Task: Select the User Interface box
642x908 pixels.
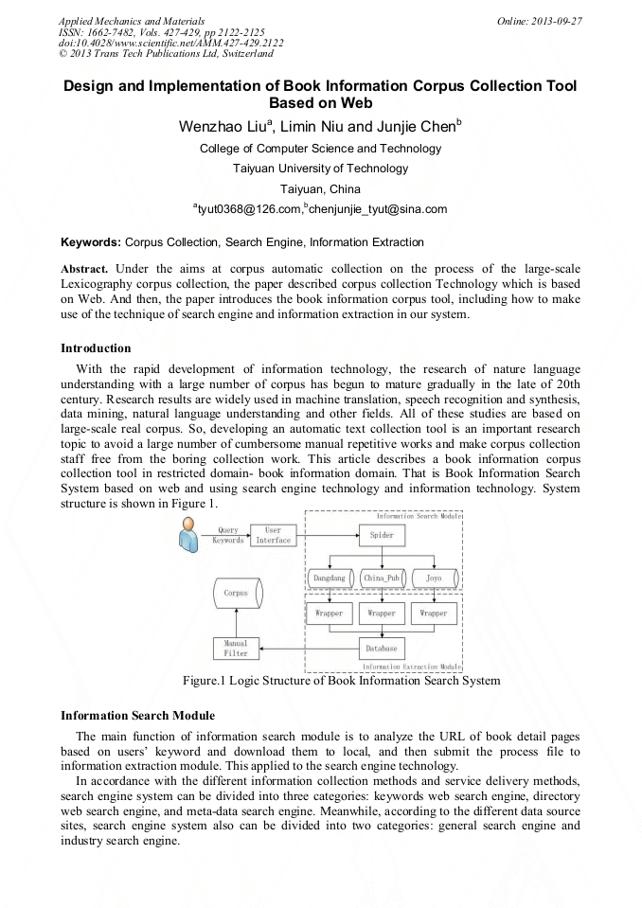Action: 274,535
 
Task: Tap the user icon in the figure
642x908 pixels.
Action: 186,536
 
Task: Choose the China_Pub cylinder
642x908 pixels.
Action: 382,578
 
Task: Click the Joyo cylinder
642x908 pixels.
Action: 434,578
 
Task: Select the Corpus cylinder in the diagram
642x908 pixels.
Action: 236,595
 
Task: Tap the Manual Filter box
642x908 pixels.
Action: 236,649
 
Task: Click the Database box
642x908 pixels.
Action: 382,649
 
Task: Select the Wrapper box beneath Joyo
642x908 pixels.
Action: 434,613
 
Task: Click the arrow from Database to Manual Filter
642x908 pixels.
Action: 308,649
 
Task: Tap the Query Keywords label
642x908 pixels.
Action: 228,535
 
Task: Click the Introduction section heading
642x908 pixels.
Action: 96,348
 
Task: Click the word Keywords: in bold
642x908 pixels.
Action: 91,242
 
